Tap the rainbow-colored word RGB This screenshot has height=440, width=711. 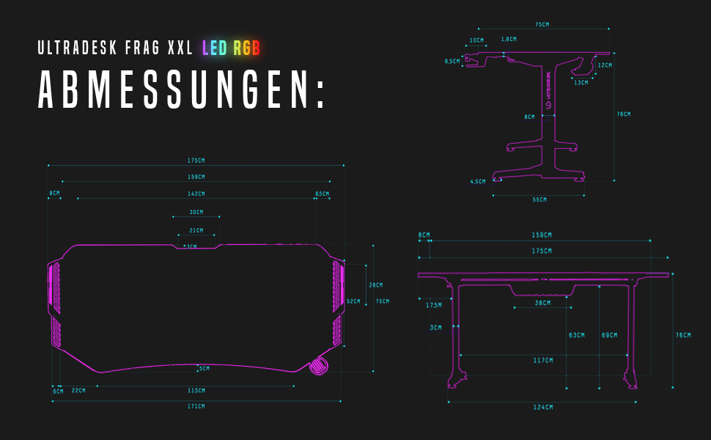click(247, 49)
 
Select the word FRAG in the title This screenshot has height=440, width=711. click(141, 49)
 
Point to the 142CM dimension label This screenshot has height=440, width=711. click(196, 194)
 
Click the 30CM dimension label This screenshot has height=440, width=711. click(196, 213)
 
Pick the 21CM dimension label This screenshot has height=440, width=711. click(196, 231)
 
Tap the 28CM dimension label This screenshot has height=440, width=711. click(375, 285)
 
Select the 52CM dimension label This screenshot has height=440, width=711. click(353, 301)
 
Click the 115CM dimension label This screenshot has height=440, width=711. click(196, 390)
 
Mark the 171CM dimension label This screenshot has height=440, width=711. click(196, 406)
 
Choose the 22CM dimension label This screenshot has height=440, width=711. click(78, 390)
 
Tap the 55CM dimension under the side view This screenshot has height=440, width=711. click(539, 199)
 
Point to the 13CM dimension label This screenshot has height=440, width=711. click(581, 82)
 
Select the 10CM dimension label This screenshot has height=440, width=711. click(476, 40)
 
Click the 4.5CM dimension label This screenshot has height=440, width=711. click(478, 181)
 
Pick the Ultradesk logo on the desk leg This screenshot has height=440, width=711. click(548, 92)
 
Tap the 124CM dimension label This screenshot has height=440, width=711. click(543, 406)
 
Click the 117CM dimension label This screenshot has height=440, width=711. click(543, 359)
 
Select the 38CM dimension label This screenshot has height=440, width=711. click(542, 303)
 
